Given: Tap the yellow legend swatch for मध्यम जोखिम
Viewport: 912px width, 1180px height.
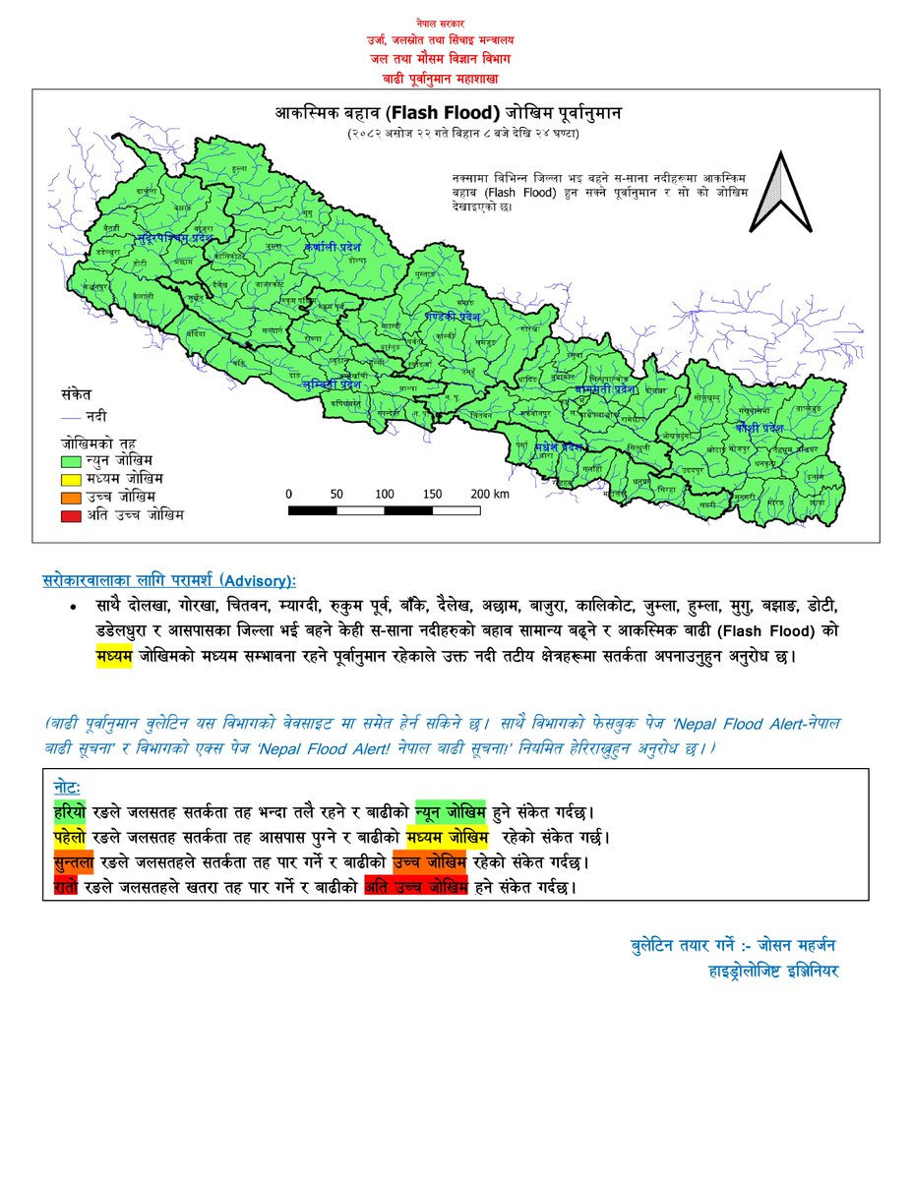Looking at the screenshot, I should (72, 478).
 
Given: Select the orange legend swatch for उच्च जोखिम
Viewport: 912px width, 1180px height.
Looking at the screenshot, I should (72, 496).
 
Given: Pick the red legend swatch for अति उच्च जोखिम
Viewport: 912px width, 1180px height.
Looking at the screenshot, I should (72, 513).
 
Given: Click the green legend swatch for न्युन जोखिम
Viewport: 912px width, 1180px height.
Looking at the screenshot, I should (72, 459).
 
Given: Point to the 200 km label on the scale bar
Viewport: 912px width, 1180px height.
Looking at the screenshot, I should (489, 494).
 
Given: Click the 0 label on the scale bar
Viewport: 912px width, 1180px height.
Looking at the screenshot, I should (289, 494).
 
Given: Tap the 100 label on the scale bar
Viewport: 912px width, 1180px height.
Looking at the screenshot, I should (385, 494).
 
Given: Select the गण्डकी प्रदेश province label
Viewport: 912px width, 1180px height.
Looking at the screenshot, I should (453, 317).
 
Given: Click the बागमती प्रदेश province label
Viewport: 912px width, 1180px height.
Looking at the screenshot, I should (601, 389).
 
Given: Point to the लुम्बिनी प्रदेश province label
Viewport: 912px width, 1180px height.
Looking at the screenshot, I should (331, 384).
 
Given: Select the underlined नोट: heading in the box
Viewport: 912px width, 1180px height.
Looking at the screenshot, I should (68, 790).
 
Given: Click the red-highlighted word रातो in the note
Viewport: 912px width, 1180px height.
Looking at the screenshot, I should (65, 886).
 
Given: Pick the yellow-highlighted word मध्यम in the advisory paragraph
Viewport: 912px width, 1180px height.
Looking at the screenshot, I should (114, 656).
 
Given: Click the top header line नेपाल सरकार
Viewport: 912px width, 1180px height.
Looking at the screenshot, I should (442, 21).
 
